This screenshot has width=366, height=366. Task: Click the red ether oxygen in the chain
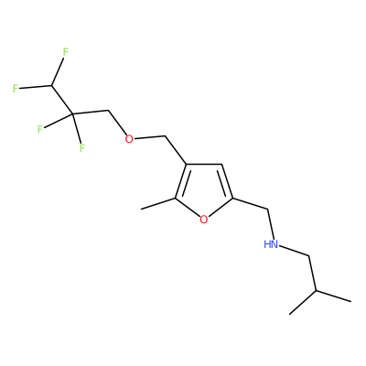point(129,139)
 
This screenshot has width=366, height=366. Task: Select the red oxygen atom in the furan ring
point(204,220)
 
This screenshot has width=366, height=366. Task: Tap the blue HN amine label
point(271,244)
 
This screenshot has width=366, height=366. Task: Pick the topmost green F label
point(66,52)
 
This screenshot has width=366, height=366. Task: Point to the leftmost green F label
point(16,89)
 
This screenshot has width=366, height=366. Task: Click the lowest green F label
point(81,148)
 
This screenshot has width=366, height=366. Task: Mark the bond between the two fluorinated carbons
point(62,100)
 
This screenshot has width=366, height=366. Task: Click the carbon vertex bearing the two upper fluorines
point(51,85)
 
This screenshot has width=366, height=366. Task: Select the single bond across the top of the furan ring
point(204,165)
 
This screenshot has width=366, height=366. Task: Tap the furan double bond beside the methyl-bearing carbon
point(182,181)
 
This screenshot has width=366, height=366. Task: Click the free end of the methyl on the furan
point(141,210)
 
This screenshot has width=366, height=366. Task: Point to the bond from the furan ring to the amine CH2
point(251,204)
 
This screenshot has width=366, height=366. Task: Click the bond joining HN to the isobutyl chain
point(294,251)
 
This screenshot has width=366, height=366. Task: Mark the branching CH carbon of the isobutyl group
point(316,291)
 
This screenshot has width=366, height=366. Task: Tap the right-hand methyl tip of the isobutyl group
point(351,302)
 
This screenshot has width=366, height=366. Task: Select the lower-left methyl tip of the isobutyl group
point(289,314)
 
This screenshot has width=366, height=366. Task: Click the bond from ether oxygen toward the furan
point(150,137)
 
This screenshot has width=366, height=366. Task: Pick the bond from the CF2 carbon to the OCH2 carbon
point(91,113)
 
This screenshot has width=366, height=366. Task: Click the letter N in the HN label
point(274,244)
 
